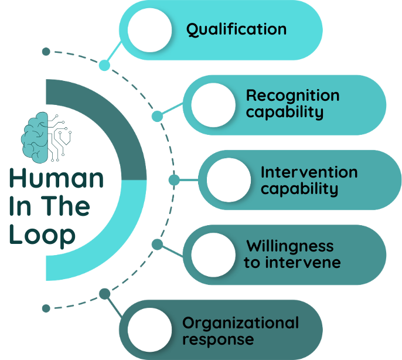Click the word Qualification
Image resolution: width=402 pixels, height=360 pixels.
pyautogui.click(x=236, y=30)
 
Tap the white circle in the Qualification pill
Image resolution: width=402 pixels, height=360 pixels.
pyautogui.click(x=149, y=30)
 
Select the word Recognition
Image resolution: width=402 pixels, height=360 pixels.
pyautogui.click(x=292, y=96)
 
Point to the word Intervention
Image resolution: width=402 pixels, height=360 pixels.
pyautogui.click(x=309, y=172)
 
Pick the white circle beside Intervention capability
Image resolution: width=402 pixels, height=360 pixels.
pyautogui.click(x=229, y=180)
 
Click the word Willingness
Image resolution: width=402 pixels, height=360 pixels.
pyautogui.click(x=289, y=246)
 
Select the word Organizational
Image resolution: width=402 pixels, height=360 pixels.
pyautogui.click(x=240, y=322)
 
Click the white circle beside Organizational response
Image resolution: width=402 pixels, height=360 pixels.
pyautogui.click(x=149, y=330)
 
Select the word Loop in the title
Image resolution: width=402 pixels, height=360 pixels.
pyautogui.click(x=42, y=235)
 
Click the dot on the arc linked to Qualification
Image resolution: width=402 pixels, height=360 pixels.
pyautogui.click(x=104, y=65)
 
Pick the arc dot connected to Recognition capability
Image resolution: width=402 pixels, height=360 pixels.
pyautogui.click(x=157, y=116)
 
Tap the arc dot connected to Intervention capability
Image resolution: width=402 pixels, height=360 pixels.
pyautogui.click(x=174, y=180)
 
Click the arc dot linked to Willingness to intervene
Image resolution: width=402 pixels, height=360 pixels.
pyautogui.click(x=157, y=244)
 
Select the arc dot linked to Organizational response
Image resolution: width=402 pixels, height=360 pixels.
pyautogui.click(x=104, y=293)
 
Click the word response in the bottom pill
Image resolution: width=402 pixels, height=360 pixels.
pyautogui.click(x=218, y=339)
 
